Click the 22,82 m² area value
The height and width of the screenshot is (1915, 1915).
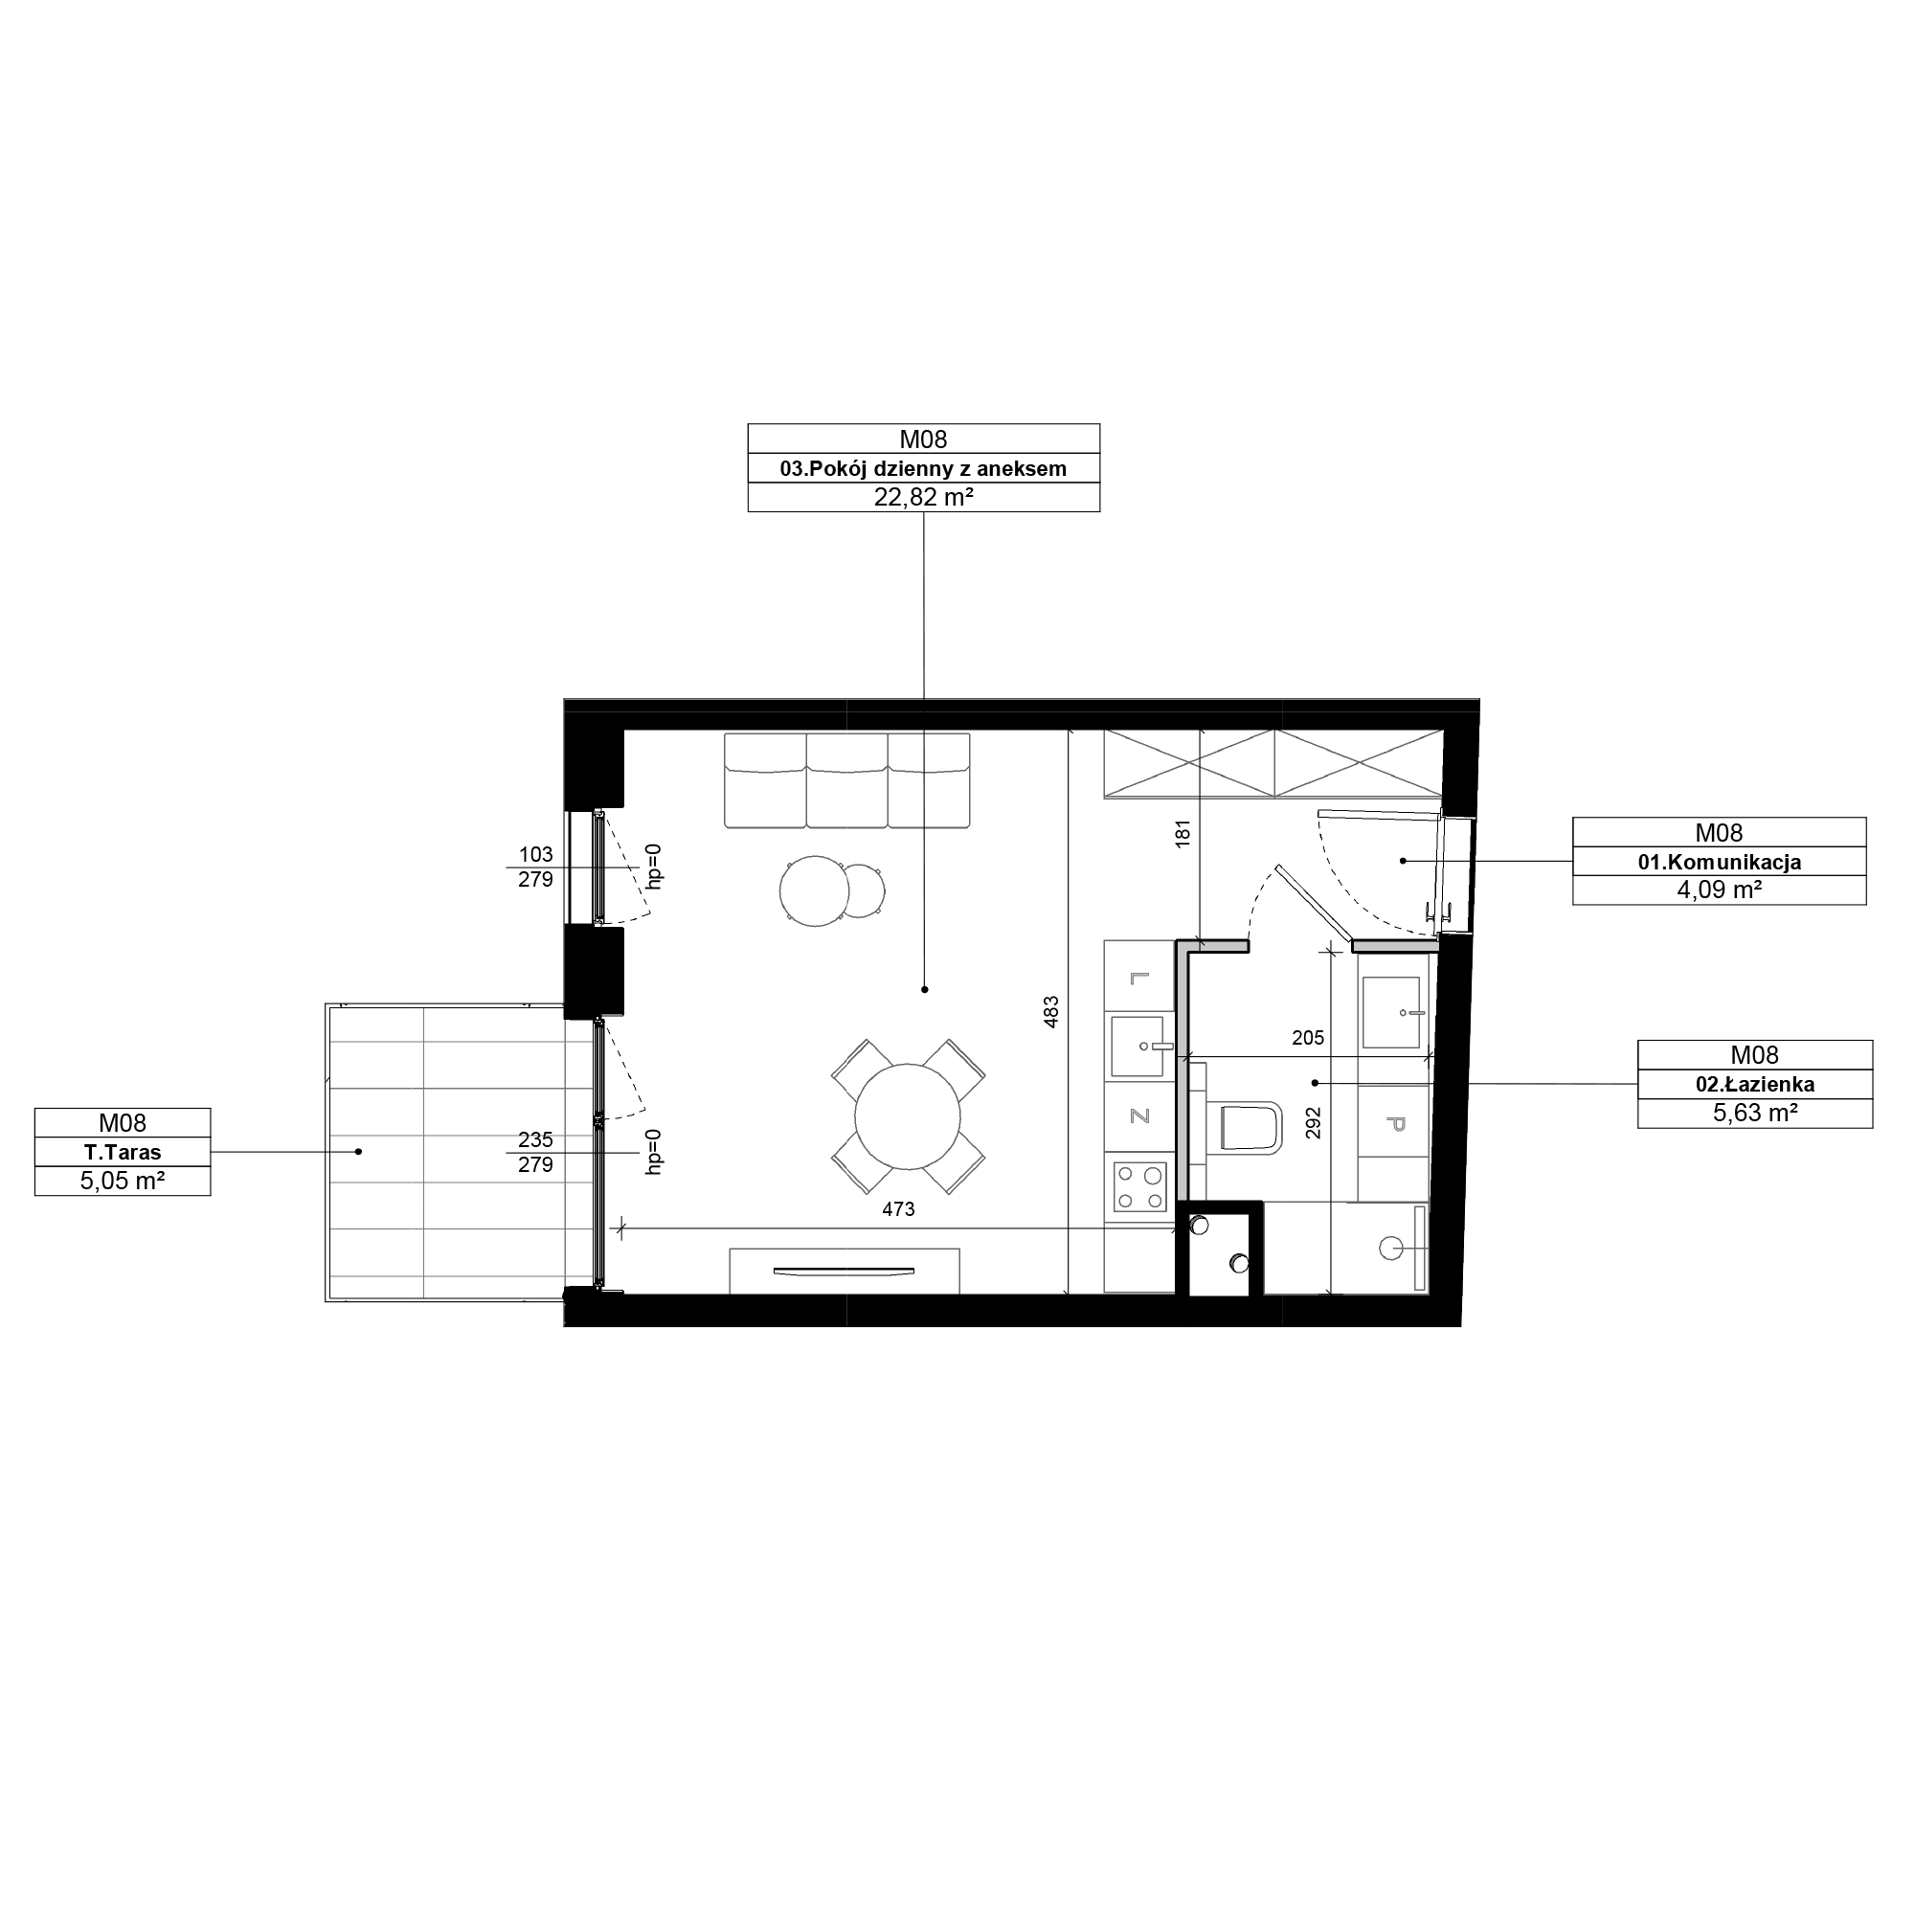(923, 498)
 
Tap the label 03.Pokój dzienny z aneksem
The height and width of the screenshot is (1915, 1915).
(923, 469)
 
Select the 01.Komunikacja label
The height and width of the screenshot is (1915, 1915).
(1719, 863)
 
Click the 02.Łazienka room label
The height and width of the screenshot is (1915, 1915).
(1754, 1085)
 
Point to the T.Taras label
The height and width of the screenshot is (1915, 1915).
(122, 1153)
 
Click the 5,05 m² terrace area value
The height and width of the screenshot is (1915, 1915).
(122, 1182)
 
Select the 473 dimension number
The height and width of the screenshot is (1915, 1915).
(898, 1209)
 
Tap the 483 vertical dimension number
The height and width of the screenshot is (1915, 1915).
(1051, 1011)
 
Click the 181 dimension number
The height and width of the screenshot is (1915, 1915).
(1182, 833)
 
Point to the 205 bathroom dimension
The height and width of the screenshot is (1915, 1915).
(1308, 1038)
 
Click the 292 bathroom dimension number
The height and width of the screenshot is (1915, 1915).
(1314, 1122)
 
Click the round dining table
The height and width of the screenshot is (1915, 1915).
(907, 1115)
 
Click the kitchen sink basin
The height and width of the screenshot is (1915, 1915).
(1138, 1046)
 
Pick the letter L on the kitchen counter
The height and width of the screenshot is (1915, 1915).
(1138, 979)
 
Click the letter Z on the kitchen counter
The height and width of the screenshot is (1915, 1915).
(1138, 1116)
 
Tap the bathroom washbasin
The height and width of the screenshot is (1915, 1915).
(1391, 1012)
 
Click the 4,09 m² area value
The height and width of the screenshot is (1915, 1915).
(1719, 890)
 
